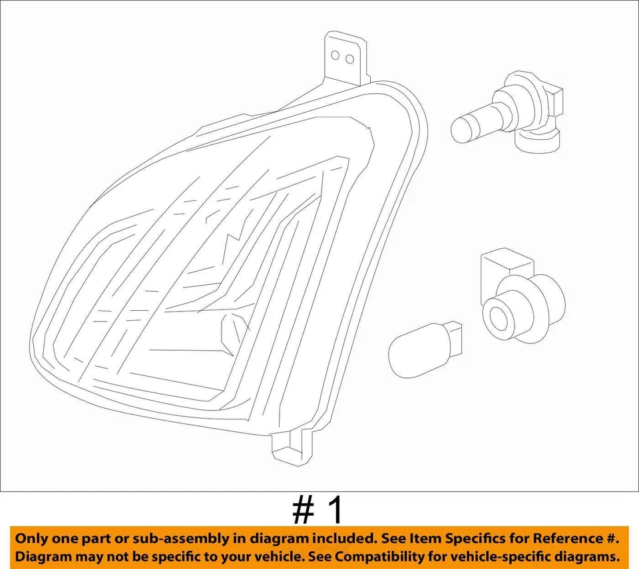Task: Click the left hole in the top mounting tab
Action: click(336, 56)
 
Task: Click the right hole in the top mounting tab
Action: click(349, 59)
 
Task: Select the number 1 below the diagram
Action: click(337, 511)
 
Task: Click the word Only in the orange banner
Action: click(33, 538)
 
